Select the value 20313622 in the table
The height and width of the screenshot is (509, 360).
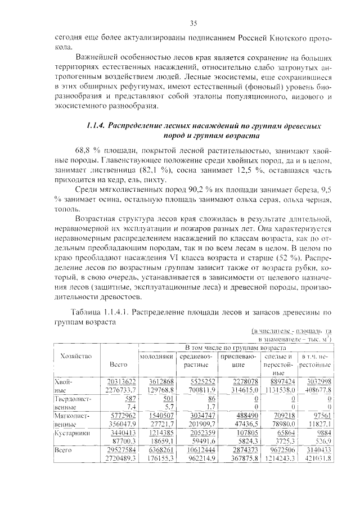click(121, 381)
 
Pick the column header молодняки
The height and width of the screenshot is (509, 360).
click(156, 357)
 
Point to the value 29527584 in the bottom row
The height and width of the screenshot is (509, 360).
click(121, 451)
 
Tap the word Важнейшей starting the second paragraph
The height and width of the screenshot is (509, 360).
click(96, 58)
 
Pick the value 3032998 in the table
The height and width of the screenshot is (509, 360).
click(318, 381)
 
